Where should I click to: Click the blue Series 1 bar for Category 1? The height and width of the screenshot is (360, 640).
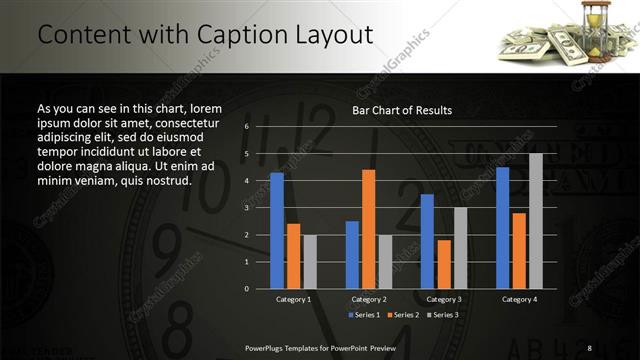point(277,230)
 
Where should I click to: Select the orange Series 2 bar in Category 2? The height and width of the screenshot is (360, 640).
point(368,228)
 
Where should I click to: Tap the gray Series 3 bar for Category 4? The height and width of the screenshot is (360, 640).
point(536,220)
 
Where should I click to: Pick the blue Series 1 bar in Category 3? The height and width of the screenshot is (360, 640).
point(427,240)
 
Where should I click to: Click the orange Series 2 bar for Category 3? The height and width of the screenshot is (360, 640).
point(443,263)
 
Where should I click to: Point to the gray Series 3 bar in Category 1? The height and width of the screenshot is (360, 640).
point(310,261)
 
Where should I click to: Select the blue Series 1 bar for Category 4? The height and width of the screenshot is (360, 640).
point(502,227)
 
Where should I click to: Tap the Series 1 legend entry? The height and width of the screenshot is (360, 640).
point(362,315)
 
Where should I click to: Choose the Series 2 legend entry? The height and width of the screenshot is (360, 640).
point(403,315)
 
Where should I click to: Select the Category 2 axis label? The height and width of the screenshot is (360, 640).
point(368,299)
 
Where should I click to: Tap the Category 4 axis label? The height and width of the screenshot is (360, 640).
point(519,299)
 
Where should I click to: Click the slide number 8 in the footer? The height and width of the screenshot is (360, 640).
point(590,347)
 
